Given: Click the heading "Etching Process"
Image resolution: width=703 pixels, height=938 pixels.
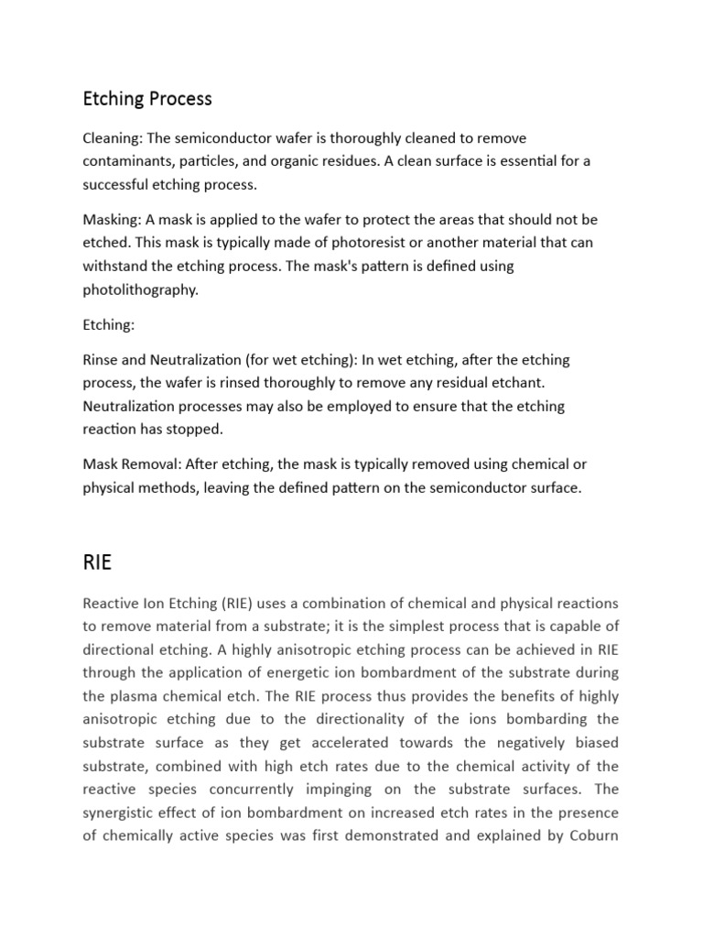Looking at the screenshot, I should tap(147, 98).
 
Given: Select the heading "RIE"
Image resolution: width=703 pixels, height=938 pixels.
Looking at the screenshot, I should tap(97, 562).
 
